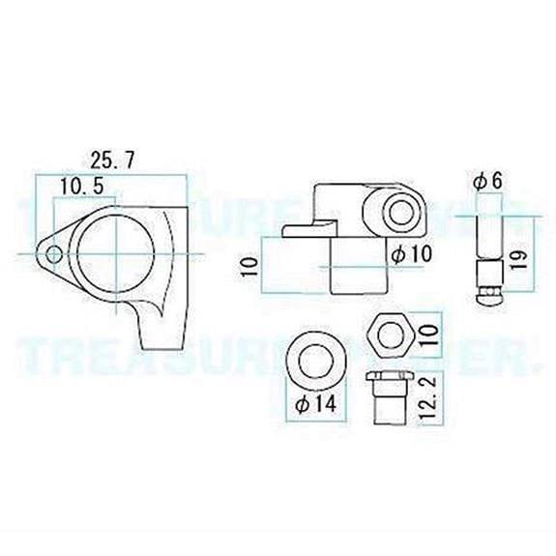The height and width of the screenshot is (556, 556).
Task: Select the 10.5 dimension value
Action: pyautogui.click(x=82, y=185)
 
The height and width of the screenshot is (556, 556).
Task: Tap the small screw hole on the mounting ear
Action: pyautogui.click(x=56, y=255)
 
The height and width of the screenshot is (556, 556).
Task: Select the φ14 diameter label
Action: pyautogui.click(x=316, y=405)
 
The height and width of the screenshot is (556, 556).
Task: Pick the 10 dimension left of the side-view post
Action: pyautogui.click(x=249, y=266)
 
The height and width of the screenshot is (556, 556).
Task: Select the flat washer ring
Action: pyautogui.click(x=317, y=359)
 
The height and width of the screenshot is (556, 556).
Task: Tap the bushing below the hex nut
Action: pyautogui.click(x=389, y=396)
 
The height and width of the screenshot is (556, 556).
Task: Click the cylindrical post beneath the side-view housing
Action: pyautogui.click(x=359, y=264)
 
